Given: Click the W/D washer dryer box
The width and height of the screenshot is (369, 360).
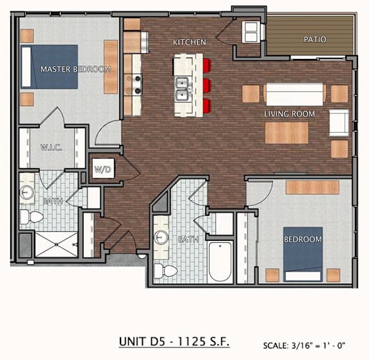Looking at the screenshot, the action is point(103,168).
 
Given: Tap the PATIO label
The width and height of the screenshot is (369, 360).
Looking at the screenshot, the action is point(315,39).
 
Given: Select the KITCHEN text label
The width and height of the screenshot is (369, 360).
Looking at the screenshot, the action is point(190,42).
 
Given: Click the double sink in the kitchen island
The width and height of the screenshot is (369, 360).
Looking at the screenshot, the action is point(183,89).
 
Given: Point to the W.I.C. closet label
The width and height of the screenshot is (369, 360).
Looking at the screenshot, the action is point(51,147).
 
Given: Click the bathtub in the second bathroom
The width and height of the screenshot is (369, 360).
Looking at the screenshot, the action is point(220,261).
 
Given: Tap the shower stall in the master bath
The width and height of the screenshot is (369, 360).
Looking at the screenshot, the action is point(56,245).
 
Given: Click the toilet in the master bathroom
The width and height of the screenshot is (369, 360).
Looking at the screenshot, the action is point(31,217).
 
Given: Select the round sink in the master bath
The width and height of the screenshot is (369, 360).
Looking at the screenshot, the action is point(27,193).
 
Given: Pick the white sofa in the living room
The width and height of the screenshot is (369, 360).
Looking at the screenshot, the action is point(295,94).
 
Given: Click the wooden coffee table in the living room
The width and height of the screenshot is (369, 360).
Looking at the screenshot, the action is point(286,133).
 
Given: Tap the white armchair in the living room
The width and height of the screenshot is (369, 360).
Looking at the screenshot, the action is point(339,123).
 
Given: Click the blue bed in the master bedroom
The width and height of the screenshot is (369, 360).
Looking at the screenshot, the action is point(49,67).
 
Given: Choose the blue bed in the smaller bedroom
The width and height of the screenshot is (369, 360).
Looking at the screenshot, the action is point(303,254).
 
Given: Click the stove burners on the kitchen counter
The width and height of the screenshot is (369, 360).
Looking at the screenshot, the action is point(137,84).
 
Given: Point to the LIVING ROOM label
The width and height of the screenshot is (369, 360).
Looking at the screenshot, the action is point(290,114).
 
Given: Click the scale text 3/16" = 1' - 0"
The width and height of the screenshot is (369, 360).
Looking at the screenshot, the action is point(318,346).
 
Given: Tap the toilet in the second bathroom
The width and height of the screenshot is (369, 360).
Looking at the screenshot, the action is point(166,271).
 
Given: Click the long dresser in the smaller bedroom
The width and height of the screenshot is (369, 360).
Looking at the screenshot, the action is point(313,187).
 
